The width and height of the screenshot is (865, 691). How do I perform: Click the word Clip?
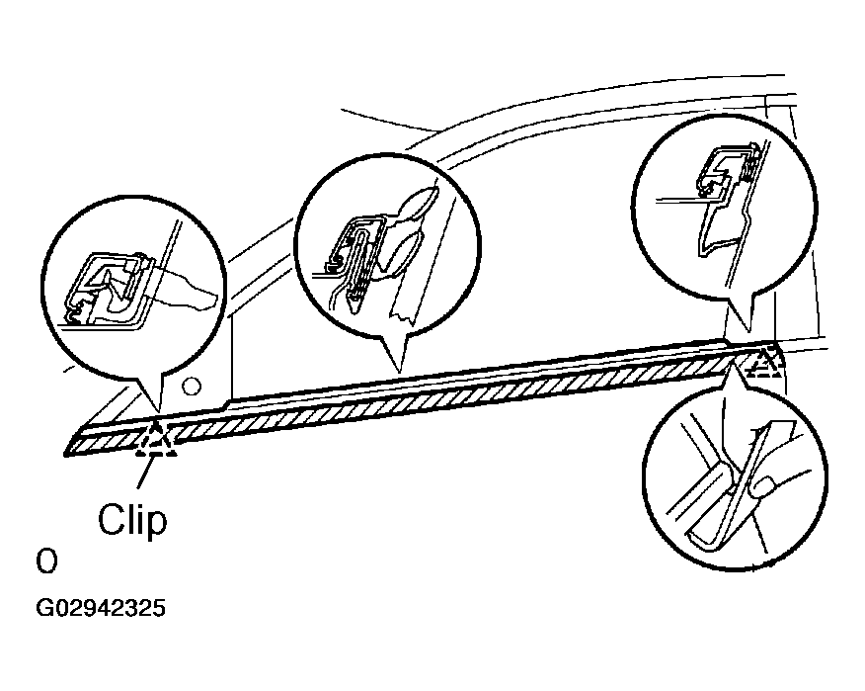tap(132, 520)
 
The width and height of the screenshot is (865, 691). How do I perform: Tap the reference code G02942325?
tap(101, 608)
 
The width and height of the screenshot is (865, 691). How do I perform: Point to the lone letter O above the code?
tap(46, 561)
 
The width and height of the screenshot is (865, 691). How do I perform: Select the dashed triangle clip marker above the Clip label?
tap(157, 441)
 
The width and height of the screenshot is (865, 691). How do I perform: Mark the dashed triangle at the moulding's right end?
tap(763, 362)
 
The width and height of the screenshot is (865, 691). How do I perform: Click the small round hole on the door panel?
tap(192, 387)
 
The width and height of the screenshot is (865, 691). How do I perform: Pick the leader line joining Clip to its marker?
tap(144, 473)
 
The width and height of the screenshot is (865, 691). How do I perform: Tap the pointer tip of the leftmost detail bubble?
tap(159, 412)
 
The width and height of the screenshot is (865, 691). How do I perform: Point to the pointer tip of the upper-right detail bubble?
tap(748, 331)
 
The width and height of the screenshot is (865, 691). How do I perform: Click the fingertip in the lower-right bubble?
tap(763, 487)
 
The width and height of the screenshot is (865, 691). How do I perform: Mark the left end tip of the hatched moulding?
tap(65, 455)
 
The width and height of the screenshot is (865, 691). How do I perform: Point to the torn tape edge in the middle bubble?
tap(402, 318)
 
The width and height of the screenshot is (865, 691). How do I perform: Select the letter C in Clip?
tap(111, 520)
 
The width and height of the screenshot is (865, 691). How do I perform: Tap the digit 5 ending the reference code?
tap(159, 608)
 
